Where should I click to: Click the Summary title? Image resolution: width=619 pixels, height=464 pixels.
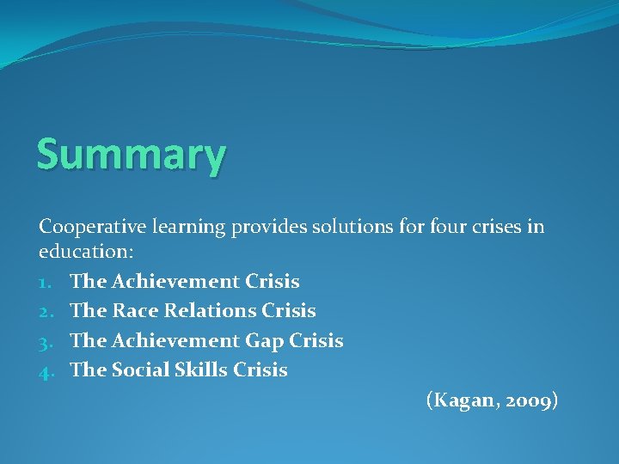click(x=132, y=156)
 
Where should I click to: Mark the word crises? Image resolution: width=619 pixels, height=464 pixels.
click(x=493, y=227)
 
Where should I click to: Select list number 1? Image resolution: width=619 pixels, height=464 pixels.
click(x=46, y=282)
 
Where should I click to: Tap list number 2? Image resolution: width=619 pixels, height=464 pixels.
click(x=46, y=311)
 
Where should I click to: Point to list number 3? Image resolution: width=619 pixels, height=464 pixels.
click(x=46, y=341)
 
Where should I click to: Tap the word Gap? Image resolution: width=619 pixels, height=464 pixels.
click(x=265, y=341)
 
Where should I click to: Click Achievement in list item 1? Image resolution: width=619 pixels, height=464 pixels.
click(x=175, y=281)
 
